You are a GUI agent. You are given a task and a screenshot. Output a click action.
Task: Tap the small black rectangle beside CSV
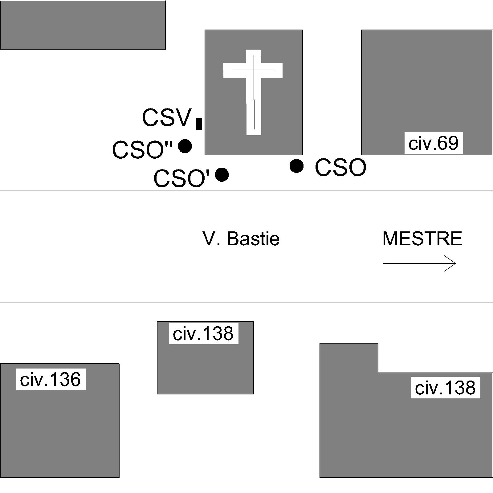coord(199,124)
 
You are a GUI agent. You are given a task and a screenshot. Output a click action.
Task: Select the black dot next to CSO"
coord(185,146)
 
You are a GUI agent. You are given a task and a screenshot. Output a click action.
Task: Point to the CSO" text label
coord(142,150)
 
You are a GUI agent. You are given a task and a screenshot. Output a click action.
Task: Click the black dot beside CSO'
coord(222,175)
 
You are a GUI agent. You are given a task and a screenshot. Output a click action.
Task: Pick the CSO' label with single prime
coord(181,179)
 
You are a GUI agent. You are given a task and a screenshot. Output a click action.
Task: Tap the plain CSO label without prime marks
coord(340,168)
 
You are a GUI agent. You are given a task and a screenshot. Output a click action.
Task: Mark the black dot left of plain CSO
coord(297,166)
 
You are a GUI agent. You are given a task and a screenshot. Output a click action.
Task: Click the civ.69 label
coord(433,143)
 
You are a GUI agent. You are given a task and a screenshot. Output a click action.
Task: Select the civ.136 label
coord(51,379)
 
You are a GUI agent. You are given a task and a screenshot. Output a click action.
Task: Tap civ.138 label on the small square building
coord(203,333)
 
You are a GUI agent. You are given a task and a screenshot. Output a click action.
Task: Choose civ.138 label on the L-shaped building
coord(445,388)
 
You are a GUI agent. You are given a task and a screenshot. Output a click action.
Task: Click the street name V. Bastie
coord(241,239)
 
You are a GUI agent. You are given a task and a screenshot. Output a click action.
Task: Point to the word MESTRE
coord(422,239)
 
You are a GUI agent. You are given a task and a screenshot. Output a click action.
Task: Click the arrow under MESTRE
coord(419,263)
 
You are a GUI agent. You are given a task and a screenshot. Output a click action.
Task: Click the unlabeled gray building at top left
coord(83,25)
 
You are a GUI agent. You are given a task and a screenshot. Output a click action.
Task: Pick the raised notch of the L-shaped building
coord(349,357)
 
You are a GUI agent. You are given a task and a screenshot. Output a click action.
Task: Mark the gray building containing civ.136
coord(59,431)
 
